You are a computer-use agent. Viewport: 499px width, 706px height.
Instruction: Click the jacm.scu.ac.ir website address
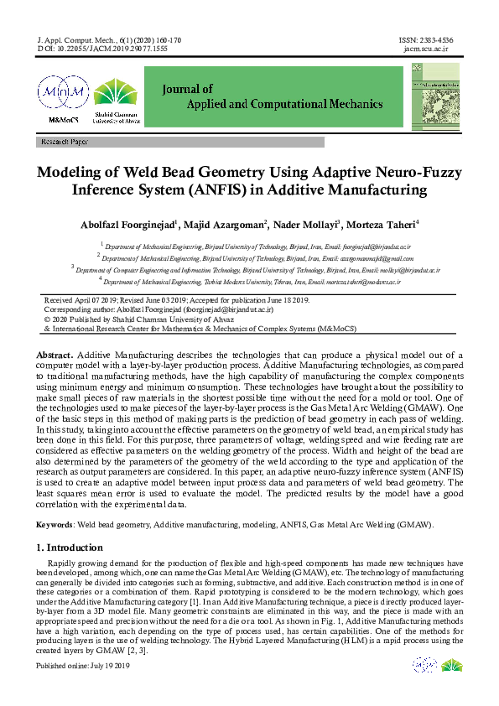pos(427,49)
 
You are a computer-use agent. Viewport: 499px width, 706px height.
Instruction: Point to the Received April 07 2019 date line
pos(176,300)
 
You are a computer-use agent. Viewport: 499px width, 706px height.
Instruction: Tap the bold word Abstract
pos(54,356)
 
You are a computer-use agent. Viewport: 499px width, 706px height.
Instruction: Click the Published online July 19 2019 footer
pos(82,666)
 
